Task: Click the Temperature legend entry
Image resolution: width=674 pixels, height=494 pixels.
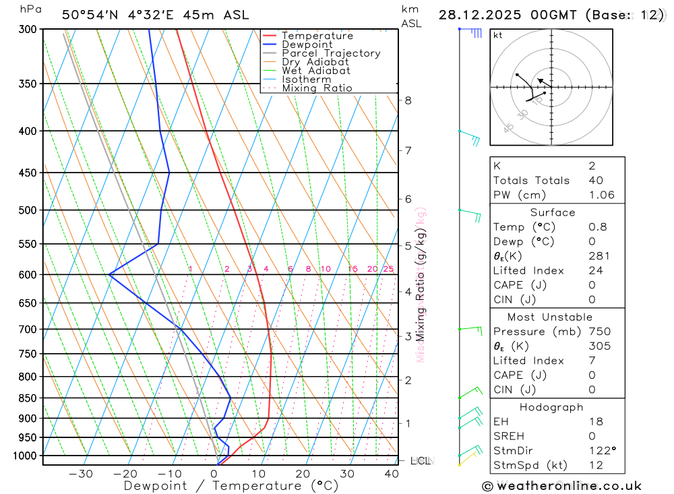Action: click(x=317, y=36)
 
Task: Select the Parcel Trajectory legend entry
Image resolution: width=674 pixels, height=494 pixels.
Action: click(x=331, y=53)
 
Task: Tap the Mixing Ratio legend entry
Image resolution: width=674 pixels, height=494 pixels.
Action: click(x=317, y=88)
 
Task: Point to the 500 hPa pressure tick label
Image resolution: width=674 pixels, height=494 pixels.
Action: click(x=29, y=210)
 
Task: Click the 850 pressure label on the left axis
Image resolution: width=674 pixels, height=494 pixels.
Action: click(x=29, y=398)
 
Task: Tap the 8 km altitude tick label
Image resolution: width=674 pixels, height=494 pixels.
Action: click(x=408, y=100)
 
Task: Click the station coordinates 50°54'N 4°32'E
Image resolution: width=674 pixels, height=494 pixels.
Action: click(x=121, y=15)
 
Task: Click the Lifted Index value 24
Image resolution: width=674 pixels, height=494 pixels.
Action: click(x=595, y=271)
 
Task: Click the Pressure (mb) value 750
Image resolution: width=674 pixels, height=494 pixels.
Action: click(x=599, y=332)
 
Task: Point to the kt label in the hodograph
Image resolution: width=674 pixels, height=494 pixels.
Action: click(x=497, y=35)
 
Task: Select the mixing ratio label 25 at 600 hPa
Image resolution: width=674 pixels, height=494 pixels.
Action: click(x=388, y=269)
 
